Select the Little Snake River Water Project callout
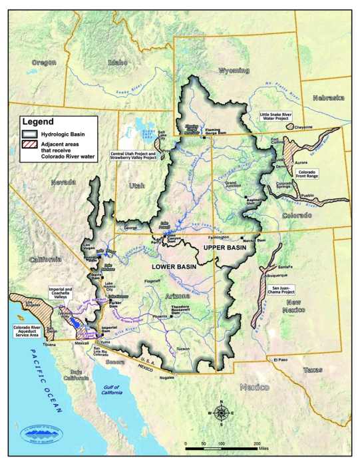[282, 118]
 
